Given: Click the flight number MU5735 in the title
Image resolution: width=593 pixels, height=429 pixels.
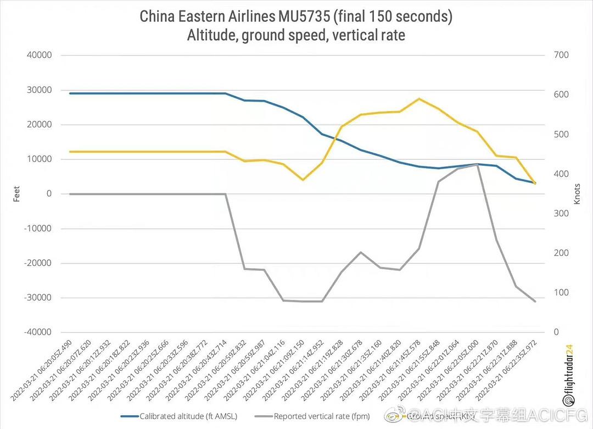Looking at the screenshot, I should [303, 16].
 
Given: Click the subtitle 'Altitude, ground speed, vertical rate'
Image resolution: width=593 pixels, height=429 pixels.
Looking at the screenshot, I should [296, 35].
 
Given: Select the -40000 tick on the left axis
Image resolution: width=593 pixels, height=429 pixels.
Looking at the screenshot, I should [37, 332].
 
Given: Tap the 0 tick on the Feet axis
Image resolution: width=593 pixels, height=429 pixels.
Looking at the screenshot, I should [49, 194].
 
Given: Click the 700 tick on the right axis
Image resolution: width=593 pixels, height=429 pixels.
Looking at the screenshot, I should [561, 55].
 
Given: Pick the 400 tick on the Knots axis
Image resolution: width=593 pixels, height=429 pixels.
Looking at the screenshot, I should [561, 174].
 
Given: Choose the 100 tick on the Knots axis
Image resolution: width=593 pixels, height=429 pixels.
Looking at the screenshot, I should [561, 293].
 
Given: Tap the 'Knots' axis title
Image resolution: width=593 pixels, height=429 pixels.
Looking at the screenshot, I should [577, 194].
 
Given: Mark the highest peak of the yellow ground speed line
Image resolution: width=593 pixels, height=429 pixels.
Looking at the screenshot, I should [419, 99].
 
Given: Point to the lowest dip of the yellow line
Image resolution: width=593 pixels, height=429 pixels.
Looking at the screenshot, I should [303, 180].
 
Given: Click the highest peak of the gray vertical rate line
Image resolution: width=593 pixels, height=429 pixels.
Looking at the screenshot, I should [478, 164].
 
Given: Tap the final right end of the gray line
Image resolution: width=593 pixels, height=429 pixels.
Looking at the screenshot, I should [535, 301].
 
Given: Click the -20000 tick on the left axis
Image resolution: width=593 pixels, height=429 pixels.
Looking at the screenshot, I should [37, 263].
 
